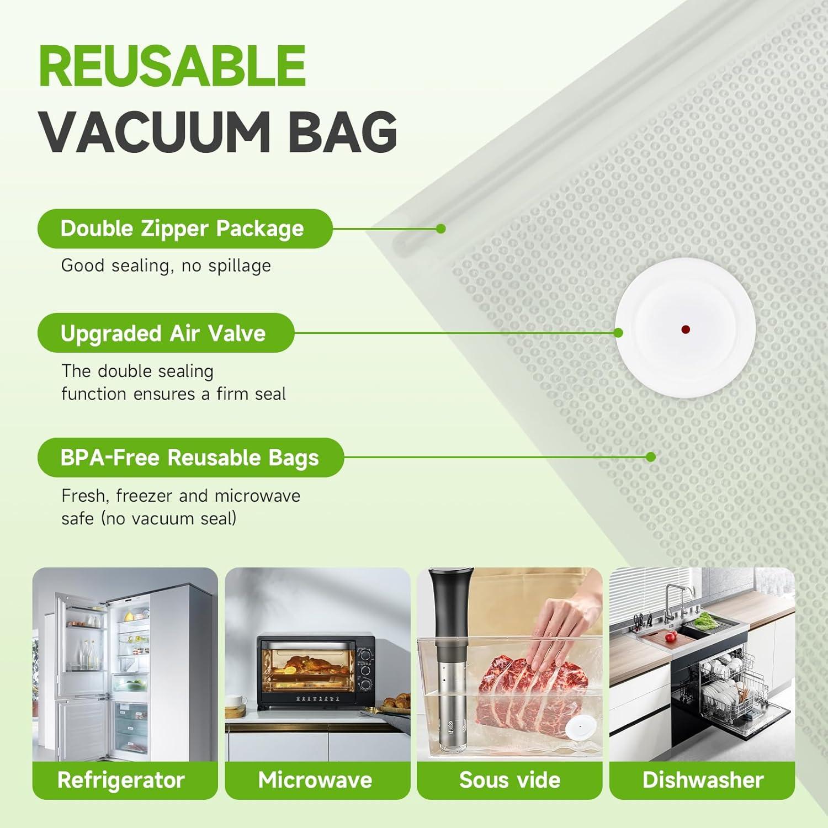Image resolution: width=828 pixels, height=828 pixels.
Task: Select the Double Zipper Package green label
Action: (182, 229)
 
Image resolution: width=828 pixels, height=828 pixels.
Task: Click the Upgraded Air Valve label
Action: (163, 333)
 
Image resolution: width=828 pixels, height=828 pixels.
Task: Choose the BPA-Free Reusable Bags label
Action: (189, 458)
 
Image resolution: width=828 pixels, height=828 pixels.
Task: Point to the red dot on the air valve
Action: (685, 330)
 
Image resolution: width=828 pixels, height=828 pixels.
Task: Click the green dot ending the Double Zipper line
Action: (440, 229)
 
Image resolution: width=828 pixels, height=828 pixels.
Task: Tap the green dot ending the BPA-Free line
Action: (651, 457)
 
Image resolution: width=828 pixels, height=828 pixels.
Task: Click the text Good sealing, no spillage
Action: (166, 266)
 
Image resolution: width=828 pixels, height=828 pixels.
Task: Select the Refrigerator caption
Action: (121, 780)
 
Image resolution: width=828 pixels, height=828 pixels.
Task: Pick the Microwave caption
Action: (315, 780)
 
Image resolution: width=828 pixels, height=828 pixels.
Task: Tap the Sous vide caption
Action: (509, 780)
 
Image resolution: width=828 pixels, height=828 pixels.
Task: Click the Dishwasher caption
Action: (703, 780)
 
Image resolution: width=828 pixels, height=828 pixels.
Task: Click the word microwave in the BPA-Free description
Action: (257, 496)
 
